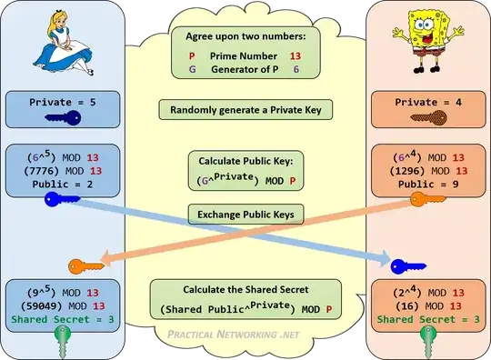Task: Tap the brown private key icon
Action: [x=427, y=117]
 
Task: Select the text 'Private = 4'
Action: [x=426, y=103]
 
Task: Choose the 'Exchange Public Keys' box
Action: [x=245, y=215]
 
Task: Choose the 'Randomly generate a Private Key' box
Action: [x=245, y=110]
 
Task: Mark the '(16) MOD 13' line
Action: [x=426, y=305]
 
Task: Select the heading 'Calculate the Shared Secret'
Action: [x=245, y=290]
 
